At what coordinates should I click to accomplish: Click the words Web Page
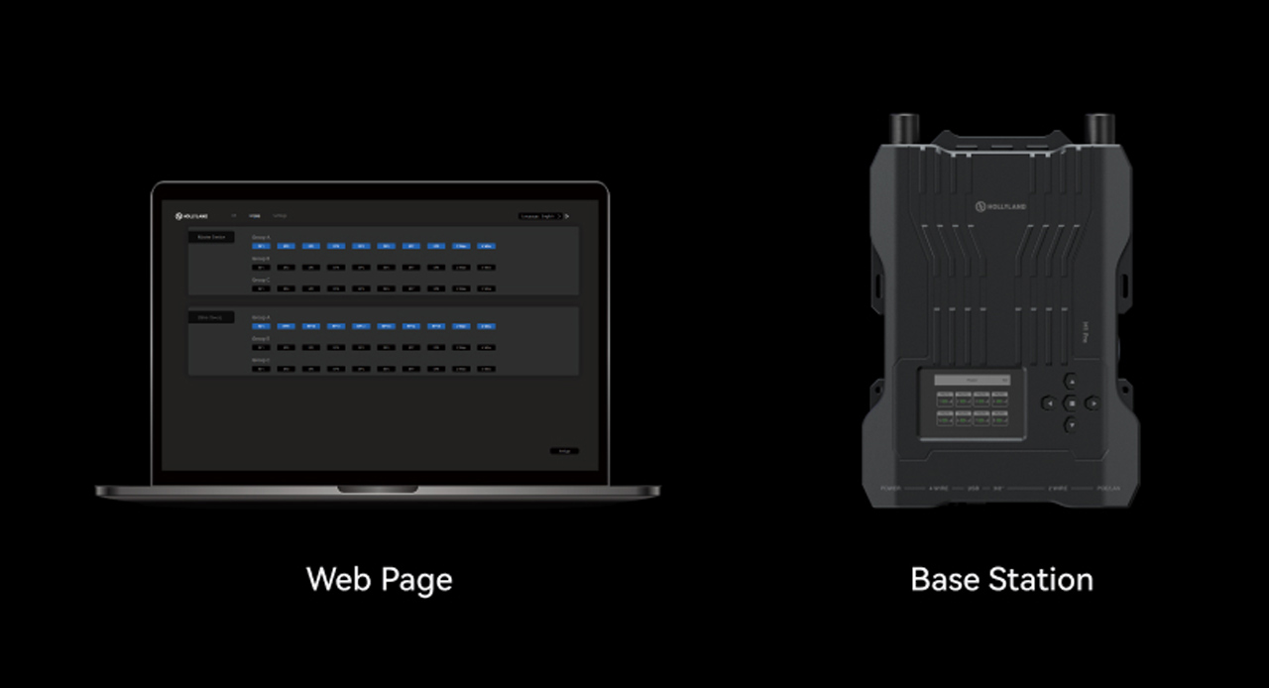(379, 579)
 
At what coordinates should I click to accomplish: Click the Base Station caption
(1001, 579)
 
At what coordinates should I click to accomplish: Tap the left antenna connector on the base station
(902, 129)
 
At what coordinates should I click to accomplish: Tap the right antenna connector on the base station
(1100, 129)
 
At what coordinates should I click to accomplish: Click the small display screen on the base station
(972, 403)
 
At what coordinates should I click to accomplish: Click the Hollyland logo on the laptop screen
(191, 215)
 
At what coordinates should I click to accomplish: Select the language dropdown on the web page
(540, 215)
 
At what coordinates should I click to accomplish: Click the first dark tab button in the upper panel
(211, 237)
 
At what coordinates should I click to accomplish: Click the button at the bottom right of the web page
(564, 451)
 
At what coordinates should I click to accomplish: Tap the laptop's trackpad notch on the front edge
(378, 489)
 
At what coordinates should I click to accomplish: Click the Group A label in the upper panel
(261, 237)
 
